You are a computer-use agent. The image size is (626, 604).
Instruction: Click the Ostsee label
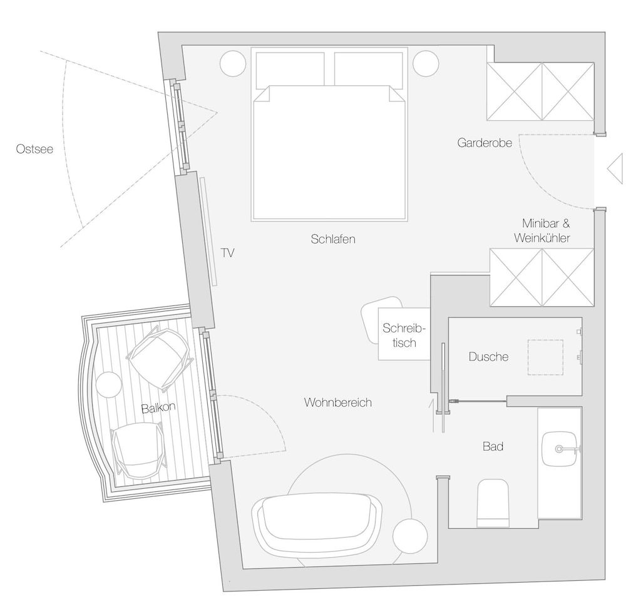[34, 149]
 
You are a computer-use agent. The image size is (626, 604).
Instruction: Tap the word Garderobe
[485, 143]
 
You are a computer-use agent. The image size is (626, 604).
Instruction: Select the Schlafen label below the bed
[333, 238]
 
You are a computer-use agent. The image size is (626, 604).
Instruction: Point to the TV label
[228, 253]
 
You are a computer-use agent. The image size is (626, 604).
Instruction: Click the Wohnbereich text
[338, 402]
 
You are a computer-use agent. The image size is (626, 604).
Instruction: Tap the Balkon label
[158, 407]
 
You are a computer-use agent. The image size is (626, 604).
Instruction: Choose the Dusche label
[489, 357]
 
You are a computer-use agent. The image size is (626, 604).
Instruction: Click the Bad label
[493, 446]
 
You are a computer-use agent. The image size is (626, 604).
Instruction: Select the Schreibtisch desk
[404, 334]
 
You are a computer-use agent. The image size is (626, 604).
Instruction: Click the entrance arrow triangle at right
[615, 169]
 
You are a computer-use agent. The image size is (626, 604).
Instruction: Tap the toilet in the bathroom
[493, 503]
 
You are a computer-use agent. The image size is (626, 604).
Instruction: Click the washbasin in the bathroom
[560, 449]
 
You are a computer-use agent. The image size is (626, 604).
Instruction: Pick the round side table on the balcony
[108, 384]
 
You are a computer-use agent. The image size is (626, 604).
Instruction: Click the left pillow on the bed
[290, 70]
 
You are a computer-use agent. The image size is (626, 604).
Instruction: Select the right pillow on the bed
[368, 70]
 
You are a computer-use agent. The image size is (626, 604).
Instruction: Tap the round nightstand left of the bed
[233, 63]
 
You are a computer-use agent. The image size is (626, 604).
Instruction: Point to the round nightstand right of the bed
[426, 63]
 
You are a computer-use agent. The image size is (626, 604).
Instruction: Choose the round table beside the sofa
[410, 536]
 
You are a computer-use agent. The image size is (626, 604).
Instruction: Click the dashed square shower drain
[545, 357]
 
